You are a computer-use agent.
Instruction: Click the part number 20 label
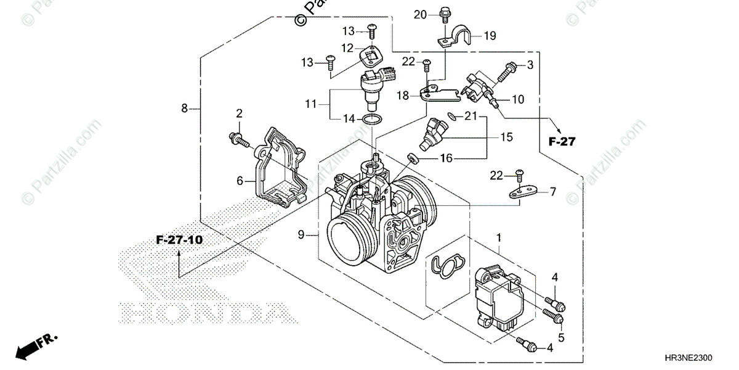click(420, 14)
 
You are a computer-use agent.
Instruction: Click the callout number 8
click(184, 109)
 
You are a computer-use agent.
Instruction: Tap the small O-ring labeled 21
click(452, 115)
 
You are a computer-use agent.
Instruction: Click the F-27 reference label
click(561, 142)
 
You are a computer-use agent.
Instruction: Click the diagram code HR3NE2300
click(700, 357)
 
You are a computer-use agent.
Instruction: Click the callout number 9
click(301, 234)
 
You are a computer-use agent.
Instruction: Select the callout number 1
click(499, 237)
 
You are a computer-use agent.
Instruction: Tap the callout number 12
click(347, 47)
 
